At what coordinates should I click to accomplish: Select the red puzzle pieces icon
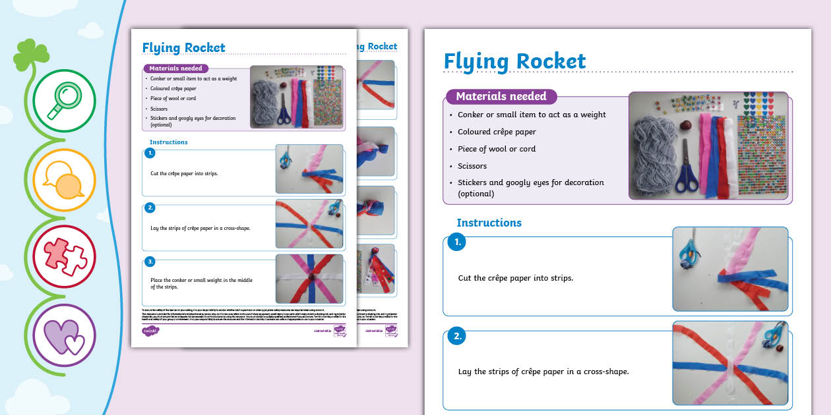tap(64, 256)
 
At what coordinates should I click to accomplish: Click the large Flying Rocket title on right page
tap(514, 61)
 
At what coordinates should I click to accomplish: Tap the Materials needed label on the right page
tap(501, 96)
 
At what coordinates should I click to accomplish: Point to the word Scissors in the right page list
tap(472, 166)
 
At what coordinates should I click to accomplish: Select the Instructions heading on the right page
tap(489, 223)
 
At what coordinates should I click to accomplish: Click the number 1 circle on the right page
tap(456, 242)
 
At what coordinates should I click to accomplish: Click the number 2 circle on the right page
tap(456, 337)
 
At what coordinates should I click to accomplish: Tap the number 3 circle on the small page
tap(150, 262)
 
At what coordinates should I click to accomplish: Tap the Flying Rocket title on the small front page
tap(183, 47)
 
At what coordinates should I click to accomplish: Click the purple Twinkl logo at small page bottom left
tap(151, 331)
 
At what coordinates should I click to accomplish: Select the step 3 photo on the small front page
tap(309, 278)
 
